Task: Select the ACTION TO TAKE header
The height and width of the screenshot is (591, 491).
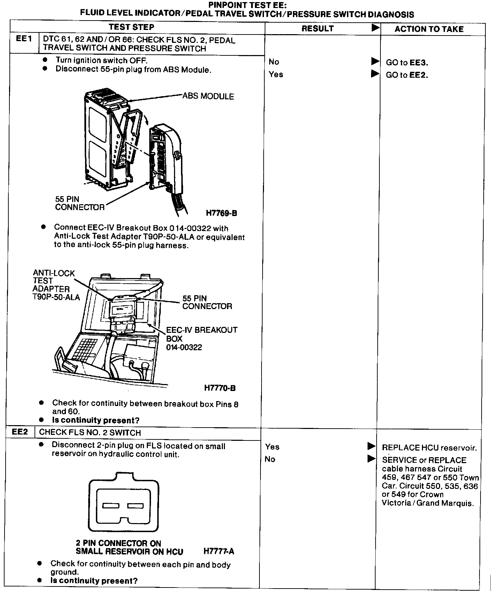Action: (x=429, y=29)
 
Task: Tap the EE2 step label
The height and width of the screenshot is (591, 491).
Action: (x=20, y=432)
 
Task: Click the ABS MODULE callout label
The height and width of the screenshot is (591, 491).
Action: (x=208, y=96)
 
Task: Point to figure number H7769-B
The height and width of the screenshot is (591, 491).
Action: (x=221, y=213)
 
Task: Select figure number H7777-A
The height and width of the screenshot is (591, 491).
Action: (x=219, y=551)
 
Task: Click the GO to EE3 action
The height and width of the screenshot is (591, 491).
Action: (x=407, y=63)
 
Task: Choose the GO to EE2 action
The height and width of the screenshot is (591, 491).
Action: (x=407, y=75)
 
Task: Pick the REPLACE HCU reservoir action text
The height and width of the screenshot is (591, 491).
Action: (x=429, y=448)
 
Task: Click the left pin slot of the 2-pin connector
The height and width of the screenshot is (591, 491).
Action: (x=111, y=506)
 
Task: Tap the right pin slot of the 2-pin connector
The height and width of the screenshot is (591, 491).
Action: (x=136, y=506)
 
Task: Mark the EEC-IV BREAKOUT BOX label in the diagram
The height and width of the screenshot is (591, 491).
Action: (x=202, y=334)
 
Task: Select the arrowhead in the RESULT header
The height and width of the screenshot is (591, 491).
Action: (x=375, y=28)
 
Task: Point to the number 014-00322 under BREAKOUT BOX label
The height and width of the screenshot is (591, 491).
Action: (x=184, y=347)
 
